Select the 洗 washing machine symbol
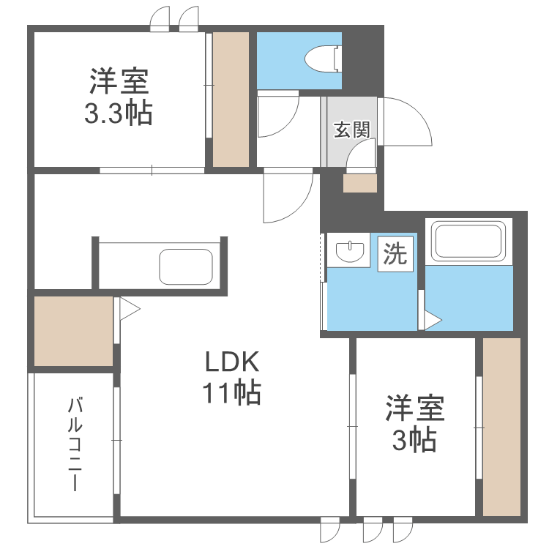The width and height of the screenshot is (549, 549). tap(395, 254)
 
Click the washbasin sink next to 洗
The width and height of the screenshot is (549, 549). tap(351, 252)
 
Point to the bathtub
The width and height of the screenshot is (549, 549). tap(468, 239)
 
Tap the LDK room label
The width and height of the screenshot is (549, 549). tap(231, 363)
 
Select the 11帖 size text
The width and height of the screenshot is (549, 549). tap(231, 394)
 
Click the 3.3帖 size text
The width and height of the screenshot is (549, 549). tap(119, 113)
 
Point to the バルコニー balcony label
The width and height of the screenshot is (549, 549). tap(74, 444)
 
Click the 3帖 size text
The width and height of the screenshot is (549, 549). tap(415, 440)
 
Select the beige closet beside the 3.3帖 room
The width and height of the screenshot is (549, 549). tap(231, 100)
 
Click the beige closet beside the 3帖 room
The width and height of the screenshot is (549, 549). tap(501, 427)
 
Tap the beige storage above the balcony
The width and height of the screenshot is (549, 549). tap(73, 330)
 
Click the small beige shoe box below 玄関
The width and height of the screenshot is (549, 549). tap(359, 182)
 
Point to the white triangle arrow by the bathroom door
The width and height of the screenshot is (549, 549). tap(433, 320)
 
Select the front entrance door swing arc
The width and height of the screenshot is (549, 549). tap(406, 122)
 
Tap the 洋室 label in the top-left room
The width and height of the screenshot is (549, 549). tap(119, 80)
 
